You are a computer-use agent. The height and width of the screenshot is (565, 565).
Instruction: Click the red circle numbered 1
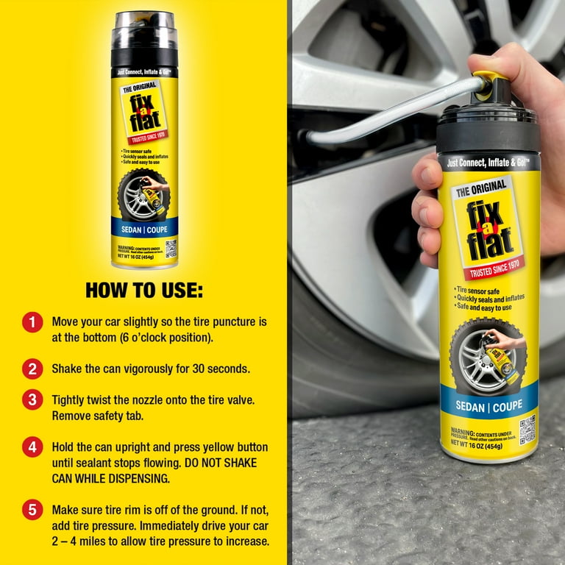click(x=32, y=322)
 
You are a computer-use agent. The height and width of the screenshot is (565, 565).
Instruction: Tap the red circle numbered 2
click(x=32, y=368)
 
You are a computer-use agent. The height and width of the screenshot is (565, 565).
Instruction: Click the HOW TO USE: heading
click(x=143, y=290)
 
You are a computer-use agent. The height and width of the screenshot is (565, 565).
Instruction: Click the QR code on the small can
click(x=171, y=248)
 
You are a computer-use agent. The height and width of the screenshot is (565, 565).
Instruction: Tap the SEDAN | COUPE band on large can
click(x=488, y=406)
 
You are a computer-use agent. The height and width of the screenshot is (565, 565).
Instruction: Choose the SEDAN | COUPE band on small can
click(x=144, y=229)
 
